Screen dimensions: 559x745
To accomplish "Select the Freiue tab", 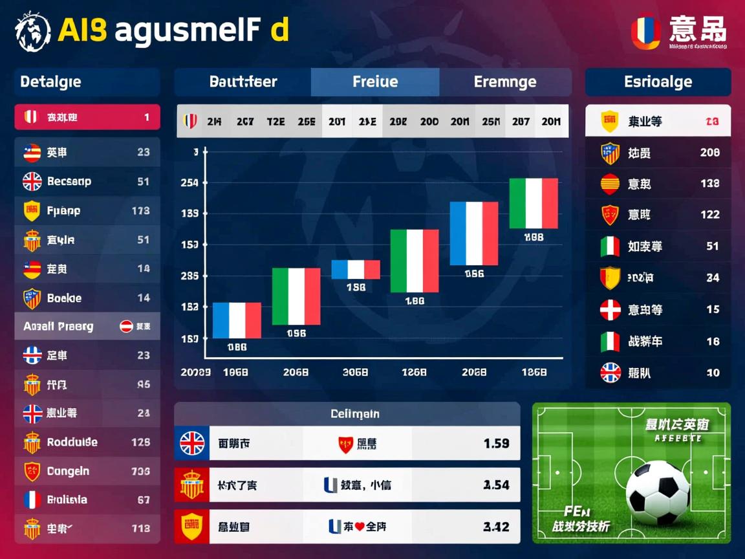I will (375, 82).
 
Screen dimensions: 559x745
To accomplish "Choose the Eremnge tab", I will (505, 82).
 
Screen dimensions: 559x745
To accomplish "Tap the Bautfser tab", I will (243, 82).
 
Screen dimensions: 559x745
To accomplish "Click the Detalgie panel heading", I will (51, 82).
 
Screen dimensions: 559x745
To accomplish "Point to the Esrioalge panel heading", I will (658, 82).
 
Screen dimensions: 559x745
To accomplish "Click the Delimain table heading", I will (355, 413).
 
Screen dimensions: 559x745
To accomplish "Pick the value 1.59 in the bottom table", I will (496, 443).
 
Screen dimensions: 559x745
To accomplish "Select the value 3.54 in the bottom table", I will (496, 485).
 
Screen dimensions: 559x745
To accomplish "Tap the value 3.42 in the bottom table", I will (496, 527).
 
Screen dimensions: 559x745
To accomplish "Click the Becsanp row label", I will (69, 182).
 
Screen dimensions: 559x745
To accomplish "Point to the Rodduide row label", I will (72, 443).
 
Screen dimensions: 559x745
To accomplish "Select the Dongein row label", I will (68, 472).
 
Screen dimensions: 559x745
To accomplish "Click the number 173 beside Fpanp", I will (140, 211).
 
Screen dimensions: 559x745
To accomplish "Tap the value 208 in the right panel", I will (709, 153).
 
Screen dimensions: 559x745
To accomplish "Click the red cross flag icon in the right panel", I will (610, 310).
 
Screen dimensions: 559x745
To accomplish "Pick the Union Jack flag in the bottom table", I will (192, 443).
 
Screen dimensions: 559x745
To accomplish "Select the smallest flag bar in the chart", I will (356, 269).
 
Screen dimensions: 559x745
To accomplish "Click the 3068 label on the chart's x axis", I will (355, 373).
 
